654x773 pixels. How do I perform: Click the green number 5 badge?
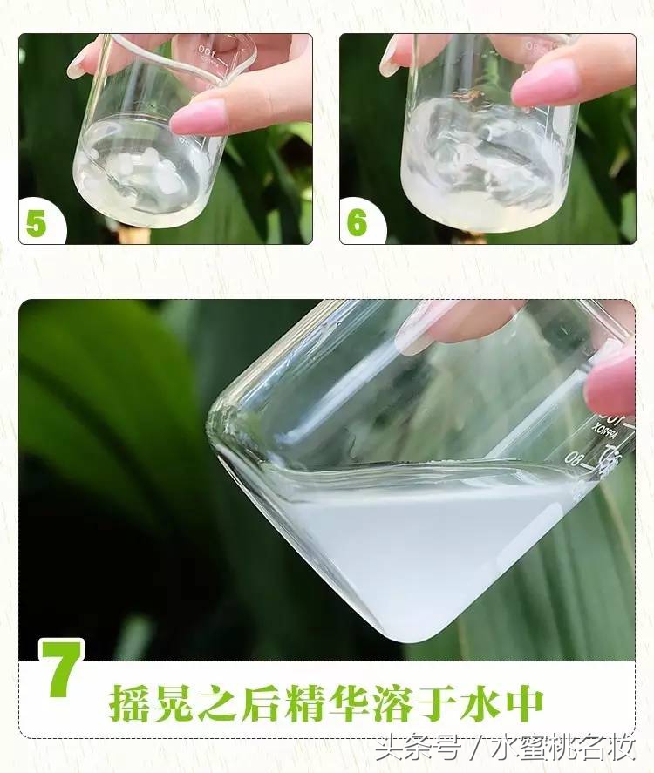pyautogui.click(x=36, y=223)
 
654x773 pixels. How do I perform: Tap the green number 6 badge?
pyautogui.click(x=357, y=223)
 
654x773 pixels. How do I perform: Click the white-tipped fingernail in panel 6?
pyautogui.click(x=390, y=57)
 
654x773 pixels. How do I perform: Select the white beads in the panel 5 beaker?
pyautogui.click(x=144, y=171)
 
